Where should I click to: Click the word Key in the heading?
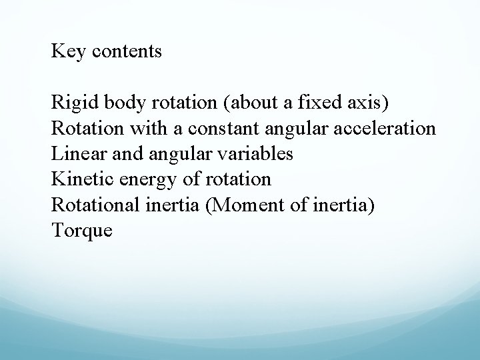65,51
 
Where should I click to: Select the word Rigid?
69,103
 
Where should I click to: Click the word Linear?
73,154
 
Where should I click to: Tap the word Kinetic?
75,179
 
